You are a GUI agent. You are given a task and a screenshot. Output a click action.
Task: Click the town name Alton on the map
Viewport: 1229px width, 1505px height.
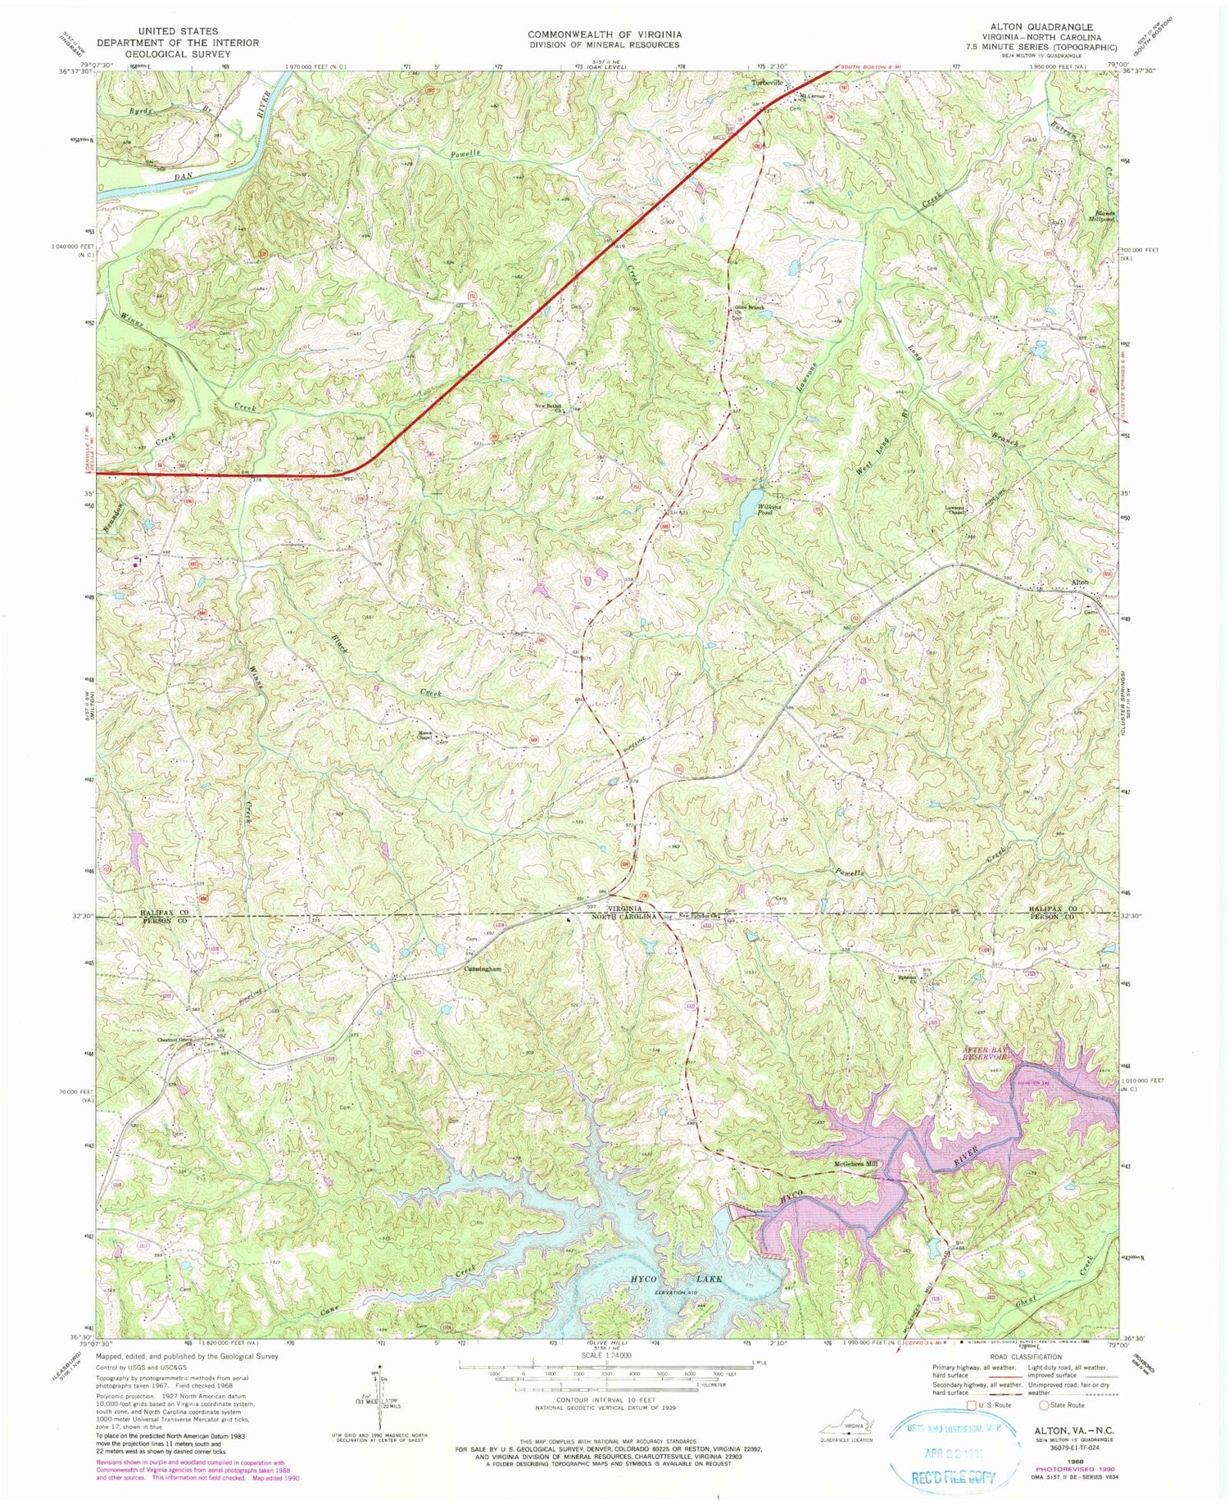(1080, 582)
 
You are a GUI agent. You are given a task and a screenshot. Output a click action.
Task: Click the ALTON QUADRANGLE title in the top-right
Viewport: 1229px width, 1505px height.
(1044, 27)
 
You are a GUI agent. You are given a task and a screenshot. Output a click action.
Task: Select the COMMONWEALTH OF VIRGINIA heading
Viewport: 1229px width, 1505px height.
(604, 34)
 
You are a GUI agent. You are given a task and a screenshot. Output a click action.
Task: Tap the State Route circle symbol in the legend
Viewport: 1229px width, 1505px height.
(1046, 1404)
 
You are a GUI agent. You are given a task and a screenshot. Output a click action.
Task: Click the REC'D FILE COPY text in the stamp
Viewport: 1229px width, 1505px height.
(955, 1477)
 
